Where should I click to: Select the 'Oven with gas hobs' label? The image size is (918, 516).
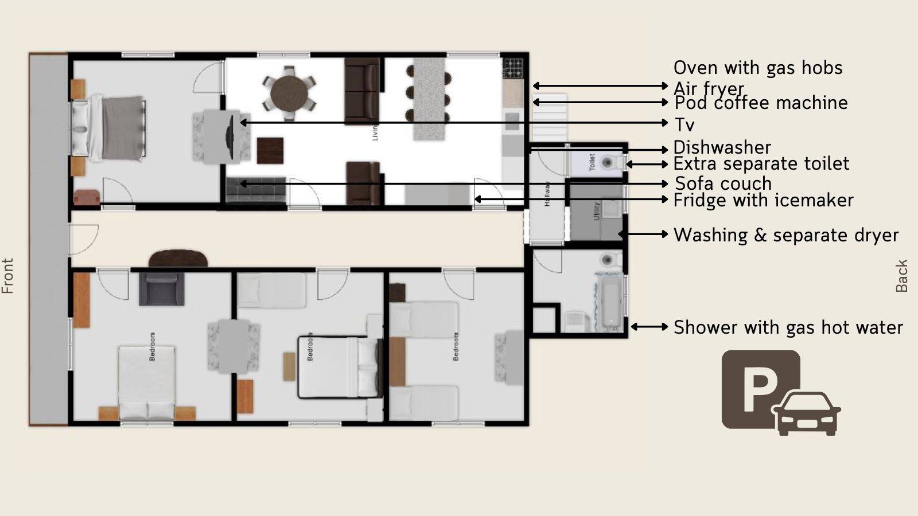(757, 68)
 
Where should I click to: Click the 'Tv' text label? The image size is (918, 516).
(684, 124)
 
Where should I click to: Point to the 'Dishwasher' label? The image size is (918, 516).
(722, 147)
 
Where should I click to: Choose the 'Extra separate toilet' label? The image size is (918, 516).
(761, 164)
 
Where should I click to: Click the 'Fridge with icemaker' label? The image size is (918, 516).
(763, 200)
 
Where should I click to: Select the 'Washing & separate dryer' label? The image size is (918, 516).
(785, 235)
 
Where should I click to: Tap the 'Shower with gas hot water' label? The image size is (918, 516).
(788, 327)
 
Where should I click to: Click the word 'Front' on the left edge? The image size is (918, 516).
(7, 276)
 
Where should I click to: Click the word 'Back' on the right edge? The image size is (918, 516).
(901, 276)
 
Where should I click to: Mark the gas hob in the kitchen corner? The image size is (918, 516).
(514, 68)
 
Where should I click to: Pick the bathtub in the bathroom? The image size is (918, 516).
(610, 303)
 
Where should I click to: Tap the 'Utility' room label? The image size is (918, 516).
(596, 211)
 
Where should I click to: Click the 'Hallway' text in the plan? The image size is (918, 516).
(547, 194)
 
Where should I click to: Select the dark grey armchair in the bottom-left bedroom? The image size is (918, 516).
(161, 288)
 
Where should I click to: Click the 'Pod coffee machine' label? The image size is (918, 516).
(761, 103)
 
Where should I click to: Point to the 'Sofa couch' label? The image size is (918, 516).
(723, 183)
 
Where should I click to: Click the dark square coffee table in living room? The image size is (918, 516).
(270, 151)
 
